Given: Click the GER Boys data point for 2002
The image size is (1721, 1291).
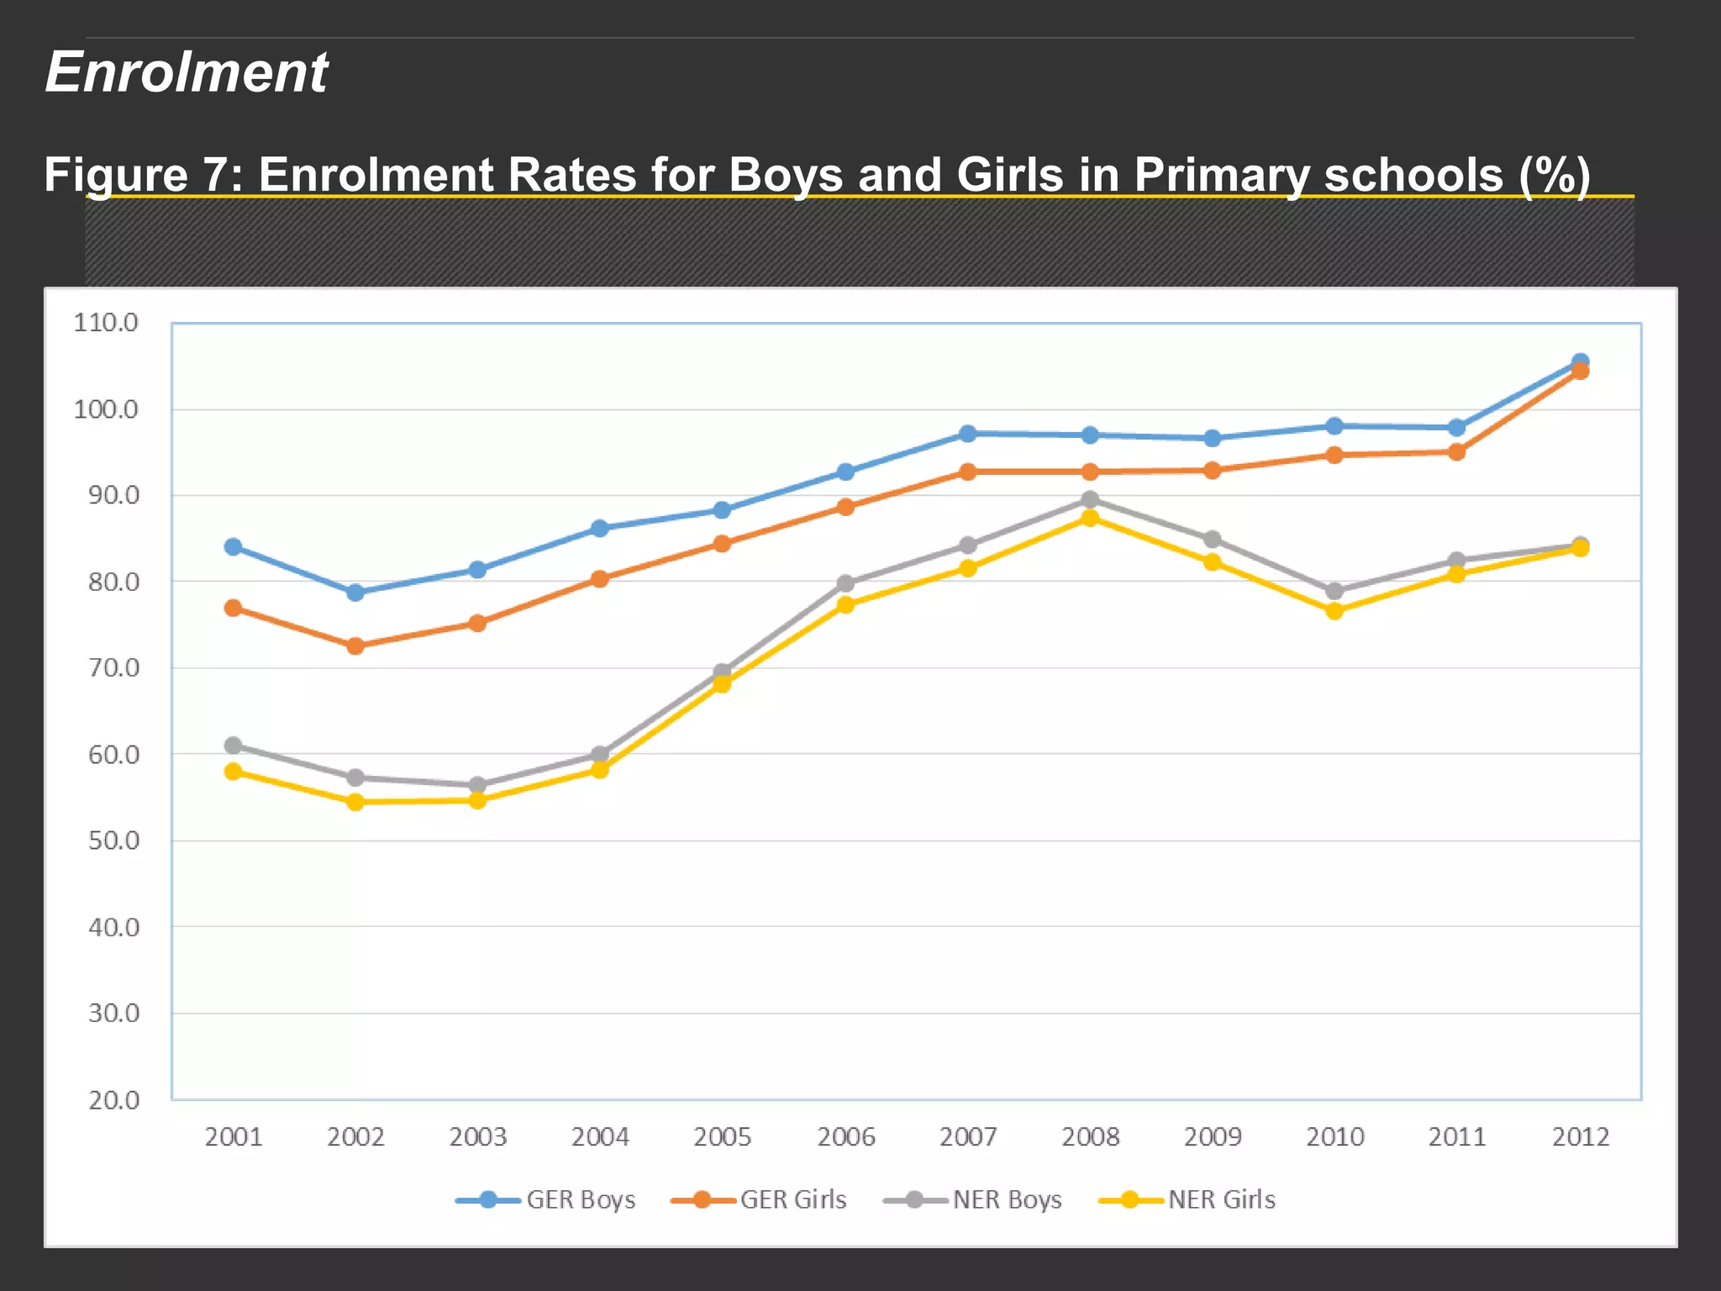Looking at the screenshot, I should pyautogui.click(x=355, y=593).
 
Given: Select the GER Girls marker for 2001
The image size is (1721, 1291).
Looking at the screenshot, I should pyautogui.click(x=234, y=608).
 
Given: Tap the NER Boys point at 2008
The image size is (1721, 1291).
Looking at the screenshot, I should pyautogui.click(x=1090, y=500).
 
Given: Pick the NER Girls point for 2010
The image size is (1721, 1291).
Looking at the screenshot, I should pyautogui.click(x=1334, y=611).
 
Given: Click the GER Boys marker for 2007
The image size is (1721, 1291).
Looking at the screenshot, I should pyautogui.click(x=968, y=434).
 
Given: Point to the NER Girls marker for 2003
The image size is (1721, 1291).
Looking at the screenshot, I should pyautogui.click(x=477, y=800).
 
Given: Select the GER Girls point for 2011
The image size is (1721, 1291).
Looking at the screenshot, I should pyautogui.click(x=1457, y=452).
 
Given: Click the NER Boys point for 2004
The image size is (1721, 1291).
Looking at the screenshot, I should pyautogui.click(x=600, y=754).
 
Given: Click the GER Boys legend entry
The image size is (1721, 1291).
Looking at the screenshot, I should pyautogui.click(x=546, y=1199).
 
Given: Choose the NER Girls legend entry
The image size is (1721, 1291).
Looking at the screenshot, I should pyautogui.click(x=1188, y=1199).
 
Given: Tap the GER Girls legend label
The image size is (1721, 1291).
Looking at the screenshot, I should pyautogui.click(x=792, y=1199).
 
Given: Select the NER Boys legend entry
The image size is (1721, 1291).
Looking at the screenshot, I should pyautogui.click(x=974, y=1199).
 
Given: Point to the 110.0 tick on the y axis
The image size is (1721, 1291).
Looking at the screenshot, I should pyautogui.click(x=106, y=323).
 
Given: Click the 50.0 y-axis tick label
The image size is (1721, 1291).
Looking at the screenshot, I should pyautogui.click(x=114, y=840).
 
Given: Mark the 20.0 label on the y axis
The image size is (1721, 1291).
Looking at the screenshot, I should pyautogui.click(x=114, y=1100).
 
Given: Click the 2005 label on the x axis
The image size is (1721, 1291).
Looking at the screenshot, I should pyautogui.click(x=722, y=1137).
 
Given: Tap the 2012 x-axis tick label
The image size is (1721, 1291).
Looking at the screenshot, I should pyautogui.click(x=1580, y=1137).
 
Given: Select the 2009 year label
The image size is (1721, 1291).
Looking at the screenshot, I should pyautogui.click(x=1213, y=1137).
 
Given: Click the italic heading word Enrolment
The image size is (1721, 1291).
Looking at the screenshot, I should pyautogui.click(x=187, y=72).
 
